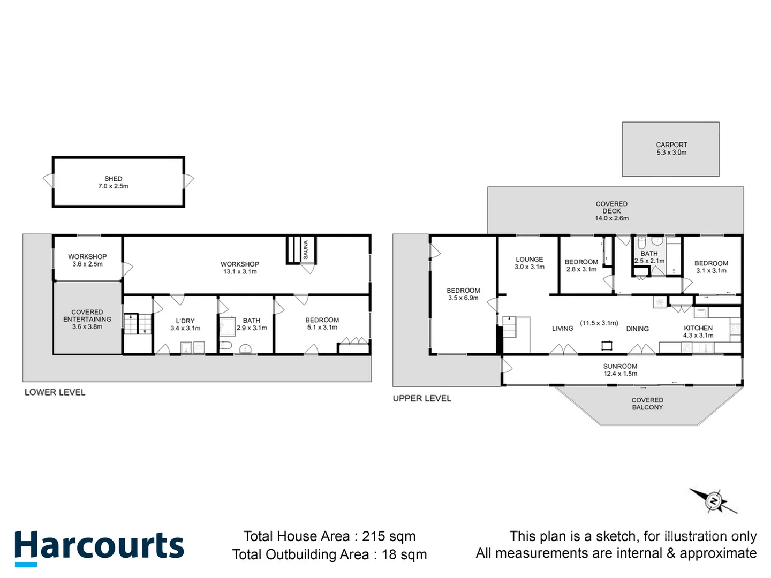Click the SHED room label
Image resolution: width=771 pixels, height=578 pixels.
click(x=113, y=179)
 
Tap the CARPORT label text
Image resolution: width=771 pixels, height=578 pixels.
click(x=671, y=145)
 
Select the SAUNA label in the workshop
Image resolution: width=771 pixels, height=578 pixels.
click(x=306, y=250)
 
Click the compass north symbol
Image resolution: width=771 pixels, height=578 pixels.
click(x=713, y=501)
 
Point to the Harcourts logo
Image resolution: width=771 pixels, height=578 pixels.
click(x=99, y=547)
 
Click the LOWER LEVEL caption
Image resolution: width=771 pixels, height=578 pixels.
click(x=55, y=392)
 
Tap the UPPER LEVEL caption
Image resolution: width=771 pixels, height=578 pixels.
click(x=422, y=398)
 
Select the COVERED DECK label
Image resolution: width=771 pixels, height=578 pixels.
click(x=611, y=208)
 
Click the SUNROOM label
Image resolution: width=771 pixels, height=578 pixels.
click(x=620, y=367)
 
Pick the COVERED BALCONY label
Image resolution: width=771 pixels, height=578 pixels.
click(x=647, y=404)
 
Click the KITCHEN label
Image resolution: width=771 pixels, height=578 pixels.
click(x=698, y=328)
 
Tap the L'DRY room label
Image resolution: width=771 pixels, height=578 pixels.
click(x=185, y=321)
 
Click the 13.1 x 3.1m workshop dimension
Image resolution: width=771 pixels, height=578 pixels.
click(x=240, y=272)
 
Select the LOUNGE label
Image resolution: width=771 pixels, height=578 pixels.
click(x=529, y=260)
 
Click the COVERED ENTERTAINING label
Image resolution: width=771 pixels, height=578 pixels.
click(x=87, y=316)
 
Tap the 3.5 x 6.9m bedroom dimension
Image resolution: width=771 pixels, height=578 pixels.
click(x=463, y=298)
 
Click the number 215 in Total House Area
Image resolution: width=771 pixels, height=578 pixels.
click(x=373, y=536)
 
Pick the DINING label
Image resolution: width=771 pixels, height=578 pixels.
click(x=637, y=329)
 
